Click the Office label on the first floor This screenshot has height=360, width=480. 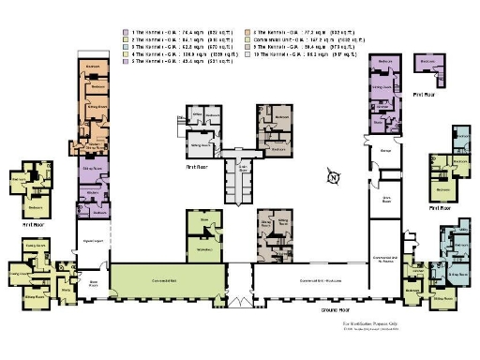198,117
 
